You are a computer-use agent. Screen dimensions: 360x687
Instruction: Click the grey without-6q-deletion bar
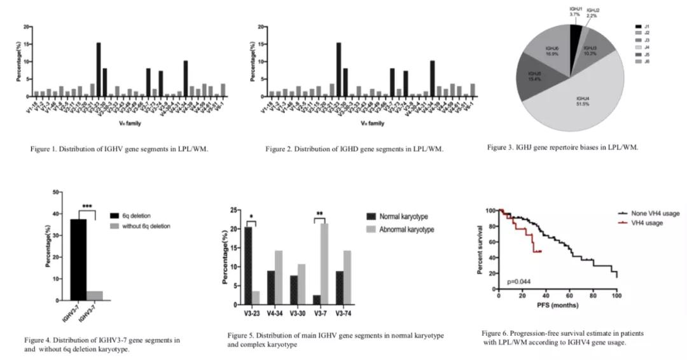(x=95, y=295)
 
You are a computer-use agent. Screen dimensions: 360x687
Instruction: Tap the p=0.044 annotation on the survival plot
(x=519, y=281)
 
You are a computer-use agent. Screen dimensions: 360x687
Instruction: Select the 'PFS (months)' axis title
(x=557, y=306)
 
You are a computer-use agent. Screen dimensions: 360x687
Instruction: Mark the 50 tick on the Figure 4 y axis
(x=56, y=192)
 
